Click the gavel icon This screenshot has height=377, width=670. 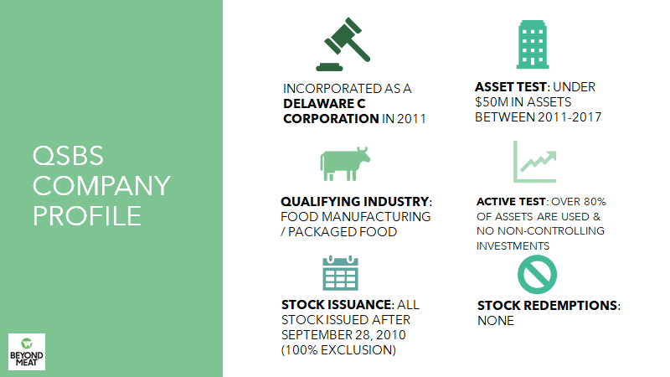pos(343,44)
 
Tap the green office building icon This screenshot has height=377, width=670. pos(533,44)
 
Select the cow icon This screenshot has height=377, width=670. pos(345,163)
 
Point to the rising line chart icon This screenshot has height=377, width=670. pos(534,162)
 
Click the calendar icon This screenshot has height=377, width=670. pos(340,273)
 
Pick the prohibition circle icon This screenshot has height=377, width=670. pos(537,275)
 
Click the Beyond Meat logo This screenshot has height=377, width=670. pos(27,352)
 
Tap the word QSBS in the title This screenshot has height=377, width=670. pos(68,155)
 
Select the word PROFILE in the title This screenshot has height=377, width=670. pos(87,216)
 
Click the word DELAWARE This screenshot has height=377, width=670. pos(318,103)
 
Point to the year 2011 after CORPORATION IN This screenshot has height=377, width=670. pos(411,119)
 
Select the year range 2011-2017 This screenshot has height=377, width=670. pos(569,117)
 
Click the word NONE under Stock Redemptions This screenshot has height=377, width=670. pos(496,321)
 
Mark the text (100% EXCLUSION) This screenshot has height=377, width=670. pos(338,350)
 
